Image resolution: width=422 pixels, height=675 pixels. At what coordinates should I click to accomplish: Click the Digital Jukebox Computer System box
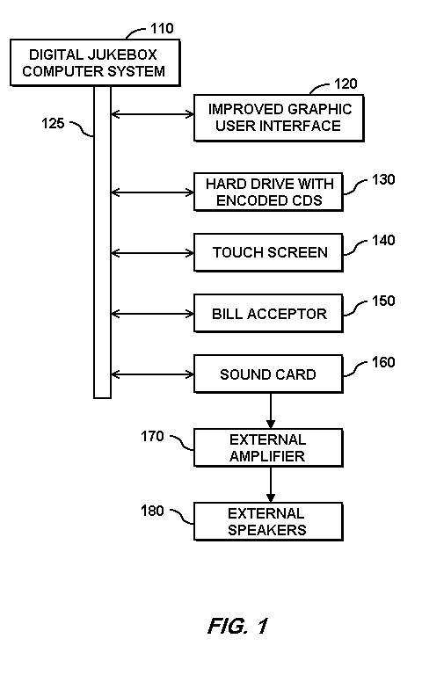[x=95, y=63]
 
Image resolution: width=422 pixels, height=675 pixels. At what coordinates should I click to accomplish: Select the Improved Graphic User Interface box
[x=279, y=118]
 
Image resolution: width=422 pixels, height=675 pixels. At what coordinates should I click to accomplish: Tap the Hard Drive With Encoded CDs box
[x=269, y=192]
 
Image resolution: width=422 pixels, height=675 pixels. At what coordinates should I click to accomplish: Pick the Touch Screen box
[x=269, y=253]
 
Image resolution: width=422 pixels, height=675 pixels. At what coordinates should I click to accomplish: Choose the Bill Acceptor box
[x=269, y=314]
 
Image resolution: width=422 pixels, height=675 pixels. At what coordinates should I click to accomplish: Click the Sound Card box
[x=269, y=374]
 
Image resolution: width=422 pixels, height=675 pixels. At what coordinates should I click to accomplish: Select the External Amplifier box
[x=269, y=447]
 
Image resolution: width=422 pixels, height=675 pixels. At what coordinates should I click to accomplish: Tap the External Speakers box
[x=269, y=521]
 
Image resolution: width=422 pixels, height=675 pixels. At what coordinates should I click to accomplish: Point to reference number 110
[x=162, y=28]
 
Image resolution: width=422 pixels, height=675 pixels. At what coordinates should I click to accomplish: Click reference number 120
[x=346, y=83]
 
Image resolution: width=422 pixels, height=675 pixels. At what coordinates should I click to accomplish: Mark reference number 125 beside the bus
[x=53, y=124]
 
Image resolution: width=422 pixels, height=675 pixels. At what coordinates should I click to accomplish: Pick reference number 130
[x=383, y=179]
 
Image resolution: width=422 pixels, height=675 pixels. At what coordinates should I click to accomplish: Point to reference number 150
[x=383, y=301]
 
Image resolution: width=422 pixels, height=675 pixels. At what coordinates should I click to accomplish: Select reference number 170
[x=152, y=437]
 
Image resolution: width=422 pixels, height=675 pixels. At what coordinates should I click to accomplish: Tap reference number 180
[x=152, y=511]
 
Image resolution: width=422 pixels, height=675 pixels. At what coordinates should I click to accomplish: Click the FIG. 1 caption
[x=238, y=626]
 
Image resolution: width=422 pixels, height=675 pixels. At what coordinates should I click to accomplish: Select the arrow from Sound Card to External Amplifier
[x=271, y=410]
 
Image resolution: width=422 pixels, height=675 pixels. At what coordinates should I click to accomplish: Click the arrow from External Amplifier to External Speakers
[x=271, y=485]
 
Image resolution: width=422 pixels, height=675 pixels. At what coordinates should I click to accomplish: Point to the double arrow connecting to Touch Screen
[x=152, y=253]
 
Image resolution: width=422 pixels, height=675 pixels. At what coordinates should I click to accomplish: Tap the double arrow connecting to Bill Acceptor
[x=152, y=314]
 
